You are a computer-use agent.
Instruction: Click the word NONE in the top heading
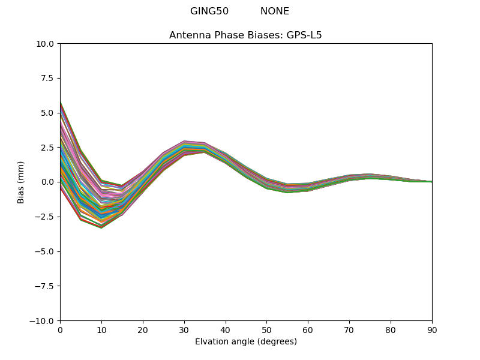click(275, 11)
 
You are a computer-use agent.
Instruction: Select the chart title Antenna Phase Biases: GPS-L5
click(245, 35)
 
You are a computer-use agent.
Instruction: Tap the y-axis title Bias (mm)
click(21, 182)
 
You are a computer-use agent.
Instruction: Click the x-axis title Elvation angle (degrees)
click(245, 342)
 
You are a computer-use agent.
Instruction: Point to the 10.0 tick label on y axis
click(46, 44)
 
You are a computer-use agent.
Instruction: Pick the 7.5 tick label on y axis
click(48, 79)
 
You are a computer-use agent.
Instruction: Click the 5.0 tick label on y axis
click(48, 113)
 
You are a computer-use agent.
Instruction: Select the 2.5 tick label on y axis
click(48, 148)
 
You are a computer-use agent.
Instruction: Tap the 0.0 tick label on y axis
click(48, 182)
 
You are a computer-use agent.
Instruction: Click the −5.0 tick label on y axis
click(46, 251)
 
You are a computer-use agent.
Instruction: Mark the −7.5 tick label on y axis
click(46, 286)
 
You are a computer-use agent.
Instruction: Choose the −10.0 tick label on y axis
click(43, 321)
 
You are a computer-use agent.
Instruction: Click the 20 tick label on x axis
click(143, 330)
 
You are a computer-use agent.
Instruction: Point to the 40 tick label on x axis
click(226, 330)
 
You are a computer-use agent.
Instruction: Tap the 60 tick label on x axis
click(308, 330)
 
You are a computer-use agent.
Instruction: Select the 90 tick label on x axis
click(432, 330)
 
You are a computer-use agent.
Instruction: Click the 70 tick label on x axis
click(349, 330)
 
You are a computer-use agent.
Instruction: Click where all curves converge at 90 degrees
click(431, 182)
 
